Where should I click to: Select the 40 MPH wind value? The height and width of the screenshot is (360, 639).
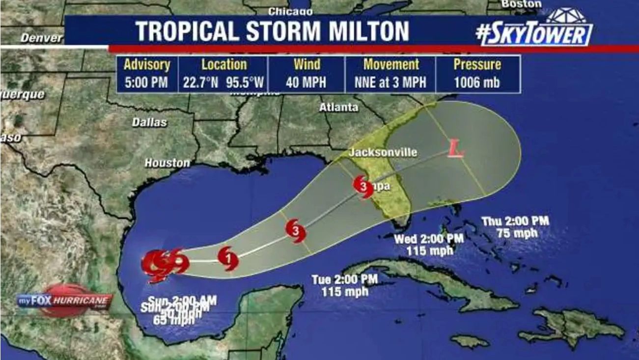(x=306, y=82)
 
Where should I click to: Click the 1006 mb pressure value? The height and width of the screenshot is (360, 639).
(x=476, y=82)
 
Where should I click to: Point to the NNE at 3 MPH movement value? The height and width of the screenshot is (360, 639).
(x=391, y=82)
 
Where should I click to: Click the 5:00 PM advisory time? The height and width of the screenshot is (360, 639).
(x=146, y=82)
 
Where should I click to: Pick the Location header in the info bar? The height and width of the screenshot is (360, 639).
(x=224, y=64)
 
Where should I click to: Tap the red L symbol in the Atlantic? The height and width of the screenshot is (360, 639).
(x=456, y=148)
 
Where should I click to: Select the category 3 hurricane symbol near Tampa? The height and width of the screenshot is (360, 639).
(x=363, y=187)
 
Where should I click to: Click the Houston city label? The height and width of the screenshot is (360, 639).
(x=167, y=163)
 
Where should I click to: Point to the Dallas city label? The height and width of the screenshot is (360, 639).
(x=149, y=122)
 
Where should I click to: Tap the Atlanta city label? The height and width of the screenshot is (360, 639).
(x=339, y=107)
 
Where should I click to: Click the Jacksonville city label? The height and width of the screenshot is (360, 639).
(x=383, y=152)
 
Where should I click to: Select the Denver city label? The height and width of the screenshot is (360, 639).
(x=41, y=38)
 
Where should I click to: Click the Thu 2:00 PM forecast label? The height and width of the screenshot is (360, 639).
(x=515, y=221)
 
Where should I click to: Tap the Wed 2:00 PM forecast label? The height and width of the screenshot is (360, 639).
(x=429, y=239)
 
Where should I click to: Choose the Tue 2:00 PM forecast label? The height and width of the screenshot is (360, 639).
(x=345, y=279)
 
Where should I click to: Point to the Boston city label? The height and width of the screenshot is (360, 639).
(x=521, y=4)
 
